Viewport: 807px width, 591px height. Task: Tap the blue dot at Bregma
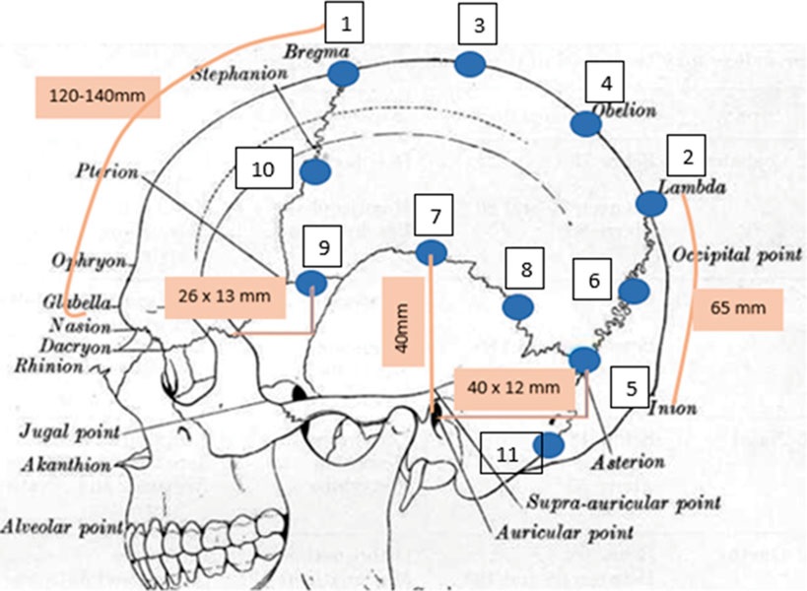tap(343, 73)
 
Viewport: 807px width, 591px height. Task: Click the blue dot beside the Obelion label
tap(585, 123)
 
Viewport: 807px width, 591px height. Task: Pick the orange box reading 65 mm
tap(738, 308)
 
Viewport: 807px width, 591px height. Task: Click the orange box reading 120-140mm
tap(83, 95)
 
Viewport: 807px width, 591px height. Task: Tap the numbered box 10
tap(263, 169)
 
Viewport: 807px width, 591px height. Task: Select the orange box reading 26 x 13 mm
tap(225, 296)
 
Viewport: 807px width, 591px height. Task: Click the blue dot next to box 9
tap(311, 284)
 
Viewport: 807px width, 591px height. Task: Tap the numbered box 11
tap(506, 454)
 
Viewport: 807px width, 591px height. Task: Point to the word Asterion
tap(630, 460)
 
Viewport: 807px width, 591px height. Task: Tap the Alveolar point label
tap(58, 525)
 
